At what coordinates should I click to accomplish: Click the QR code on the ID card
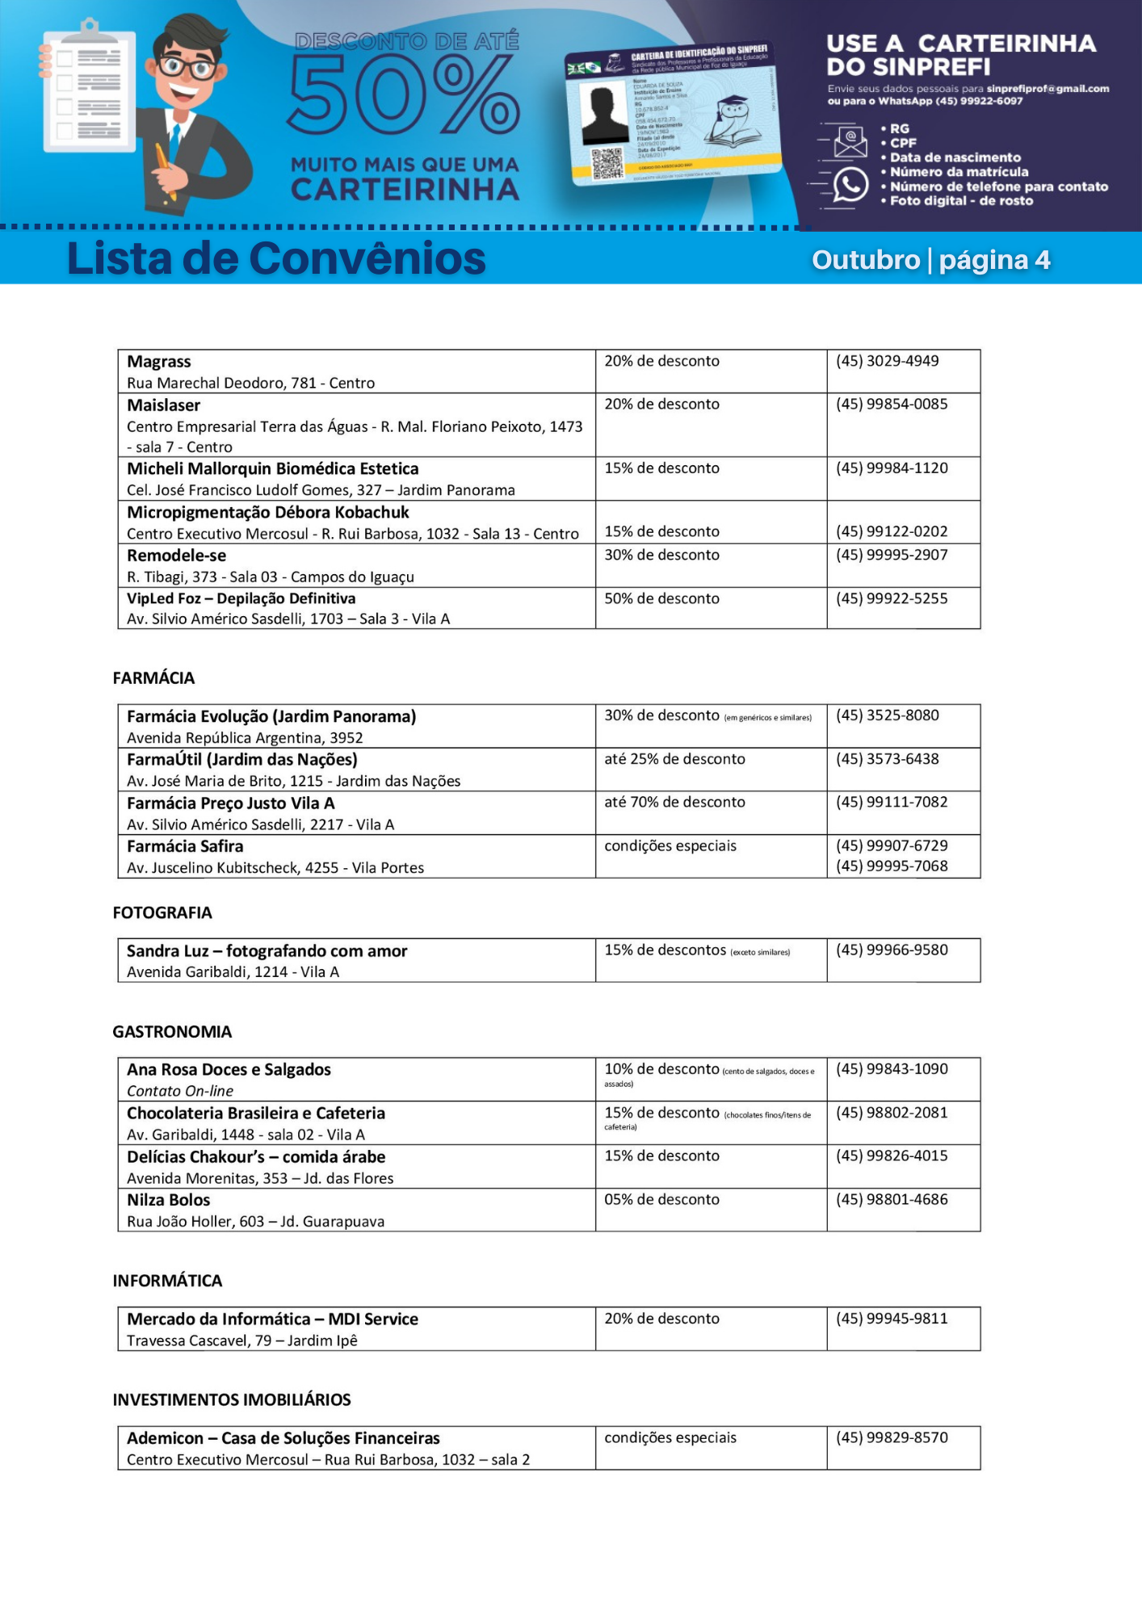(x=607, y=162)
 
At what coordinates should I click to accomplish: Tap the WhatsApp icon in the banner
(x=850, y=185)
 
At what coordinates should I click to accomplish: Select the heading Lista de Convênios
(x=276, y=259)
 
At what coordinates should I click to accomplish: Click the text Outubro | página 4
(x=930, y=260)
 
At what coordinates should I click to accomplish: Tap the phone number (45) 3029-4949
(x=887, y=361)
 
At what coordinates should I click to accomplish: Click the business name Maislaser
(x=163, y=405)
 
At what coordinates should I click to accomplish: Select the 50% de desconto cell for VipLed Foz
(x=661, y=598)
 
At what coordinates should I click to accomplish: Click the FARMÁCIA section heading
(x=153, y=678)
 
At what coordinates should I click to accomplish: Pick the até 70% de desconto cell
(x=674, y=802)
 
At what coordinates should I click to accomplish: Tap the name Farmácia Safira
(x=185, y=846)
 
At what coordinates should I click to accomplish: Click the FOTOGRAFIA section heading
(x=162, y=913)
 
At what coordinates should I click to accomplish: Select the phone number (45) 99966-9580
(x=892, y=950)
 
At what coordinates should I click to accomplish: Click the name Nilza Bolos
(x=168, y=1200)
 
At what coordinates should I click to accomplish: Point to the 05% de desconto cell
(x=661, y=1200)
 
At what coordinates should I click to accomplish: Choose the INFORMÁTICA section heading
(x=167, y=1281)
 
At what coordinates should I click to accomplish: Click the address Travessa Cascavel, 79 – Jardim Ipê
(x=241, y=1340)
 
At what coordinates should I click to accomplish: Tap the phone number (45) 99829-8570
(x=892, y=1437)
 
